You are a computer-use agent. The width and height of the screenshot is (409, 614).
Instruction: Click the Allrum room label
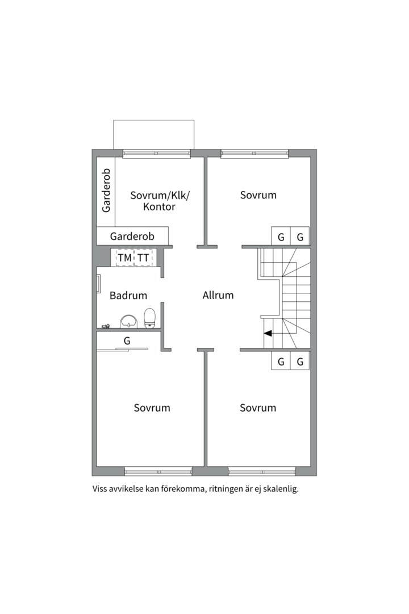pos(218,295)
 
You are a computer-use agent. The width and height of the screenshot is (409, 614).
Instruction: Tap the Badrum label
pos(128,295)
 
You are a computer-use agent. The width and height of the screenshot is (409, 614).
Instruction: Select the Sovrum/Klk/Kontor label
pos(160,201)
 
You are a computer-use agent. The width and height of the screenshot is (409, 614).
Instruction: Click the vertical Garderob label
pos(106,190)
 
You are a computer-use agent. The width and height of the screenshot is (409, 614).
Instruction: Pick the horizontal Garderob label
pos(132,236)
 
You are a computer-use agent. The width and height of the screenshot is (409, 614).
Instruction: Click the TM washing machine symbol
pos(125,258)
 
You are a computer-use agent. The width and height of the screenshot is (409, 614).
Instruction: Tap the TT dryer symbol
pos(144,258)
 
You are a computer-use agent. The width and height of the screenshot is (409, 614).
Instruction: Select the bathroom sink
pos(128,321)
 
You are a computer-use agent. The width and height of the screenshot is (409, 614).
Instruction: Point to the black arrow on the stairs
pos(268,334)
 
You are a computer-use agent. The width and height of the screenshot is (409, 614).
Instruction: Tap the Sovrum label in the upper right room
pos(258,195)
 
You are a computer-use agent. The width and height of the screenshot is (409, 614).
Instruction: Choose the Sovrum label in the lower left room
pos(152,408)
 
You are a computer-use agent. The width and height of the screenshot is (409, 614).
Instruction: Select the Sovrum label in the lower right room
pos(258,408)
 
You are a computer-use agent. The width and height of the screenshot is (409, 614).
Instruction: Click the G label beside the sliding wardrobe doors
pos(127,341)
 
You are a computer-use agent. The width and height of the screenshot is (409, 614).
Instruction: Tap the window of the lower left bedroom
pos(158,471)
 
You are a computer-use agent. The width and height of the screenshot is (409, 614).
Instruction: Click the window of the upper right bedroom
pos(254,154)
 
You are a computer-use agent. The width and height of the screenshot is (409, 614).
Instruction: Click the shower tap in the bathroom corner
pos(106,326)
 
